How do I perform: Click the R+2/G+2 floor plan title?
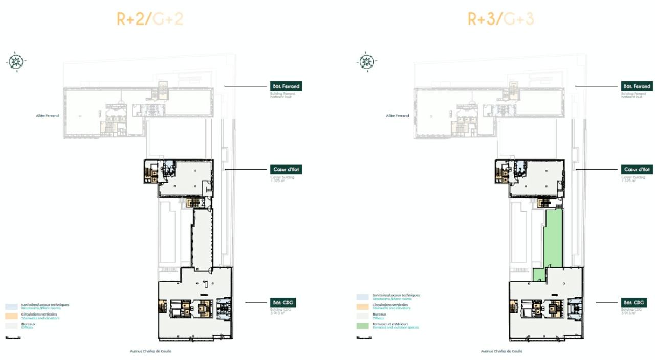pos(150,19)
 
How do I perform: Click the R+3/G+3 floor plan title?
pos(501,19)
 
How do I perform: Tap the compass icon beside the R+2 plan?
pos(16,61)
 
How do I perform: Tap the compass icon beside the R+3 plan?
pos(366,61)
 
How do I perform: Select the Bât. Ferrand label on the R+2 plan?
pos(286,86)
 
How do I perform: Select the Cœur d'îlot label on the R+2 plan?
pos(286,169)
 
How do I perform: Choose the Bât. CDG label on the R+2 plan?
pos(283,303)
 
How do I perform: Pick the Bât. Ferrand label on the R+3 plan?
pos(637,86)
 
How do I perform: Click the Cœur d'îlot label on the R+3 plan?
pos(637,169)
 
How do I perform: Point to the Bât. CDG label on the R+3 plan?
pos(634,303)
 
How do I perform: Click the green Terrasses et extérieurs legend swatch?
pos(362,326)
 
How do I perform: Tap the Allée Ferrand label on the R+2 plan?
pos(47,116)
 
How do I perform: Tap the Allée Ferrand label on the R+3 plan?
pos(398,116)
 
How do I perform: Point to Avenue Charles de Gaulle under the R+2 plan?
pos(150,351)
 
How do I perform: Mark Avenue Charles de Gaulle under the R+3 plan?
pos(501,351)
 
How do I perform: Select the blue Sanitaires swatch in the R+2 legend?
pos(11,307)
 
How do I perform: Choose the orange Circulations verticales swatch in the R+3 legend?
pos(362,307)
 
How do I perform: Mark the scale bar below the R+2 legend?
pos(13,337)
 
